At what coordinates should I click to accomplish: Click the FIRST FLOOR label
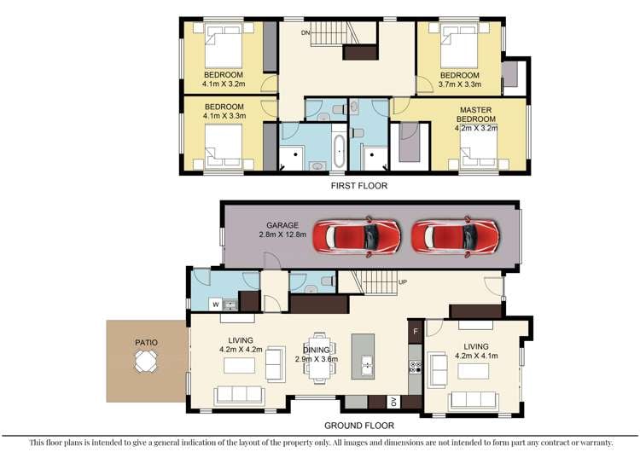358,186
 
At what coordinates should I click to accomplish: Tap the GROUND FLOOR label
359,426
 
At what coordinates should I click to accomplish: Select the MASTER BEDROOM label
476,114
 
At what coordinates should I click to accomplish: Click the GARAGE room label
282,225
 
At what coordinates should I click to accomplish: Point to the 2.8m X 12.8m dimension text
282,235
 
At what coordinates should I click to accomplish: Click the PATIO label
146,343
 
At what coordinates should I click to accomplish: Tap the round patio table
146,362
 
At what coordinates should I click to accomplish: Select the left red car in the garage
357,236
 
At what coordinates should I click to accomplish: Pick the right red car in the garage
455,236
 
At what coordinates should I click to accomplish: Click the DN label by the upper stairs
305,32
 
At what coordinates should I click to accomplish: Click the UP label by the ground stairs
403,282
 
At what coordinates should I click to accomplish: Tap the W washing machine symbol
216,304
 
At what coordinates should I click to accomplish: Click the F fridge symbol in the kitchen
416,331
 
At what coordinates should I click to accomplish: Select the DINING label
317,350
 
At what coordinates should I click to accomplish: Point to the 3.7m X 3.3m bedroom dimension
460,84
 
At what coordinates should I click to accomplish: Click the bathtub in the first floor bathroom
339,151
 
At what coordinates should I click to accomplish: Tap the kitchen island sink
367,365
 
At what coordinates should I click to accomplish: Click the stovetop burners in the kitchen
415,367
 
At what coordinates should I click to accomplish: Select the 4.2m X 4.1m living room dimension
476,356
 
